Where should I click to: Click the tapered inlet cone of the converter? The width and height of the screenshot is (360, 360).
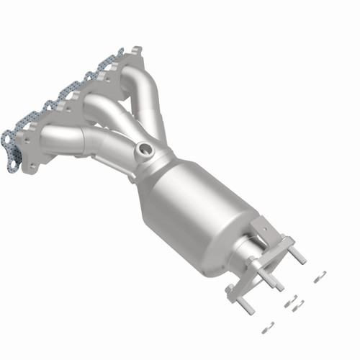click(x=155, y=166)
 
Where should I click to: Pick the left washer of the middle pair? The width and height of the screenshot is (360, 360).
click(x=287, y=303)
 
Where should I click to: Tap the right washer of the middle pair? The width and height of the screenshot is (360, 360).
click(x=299, y=303)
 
